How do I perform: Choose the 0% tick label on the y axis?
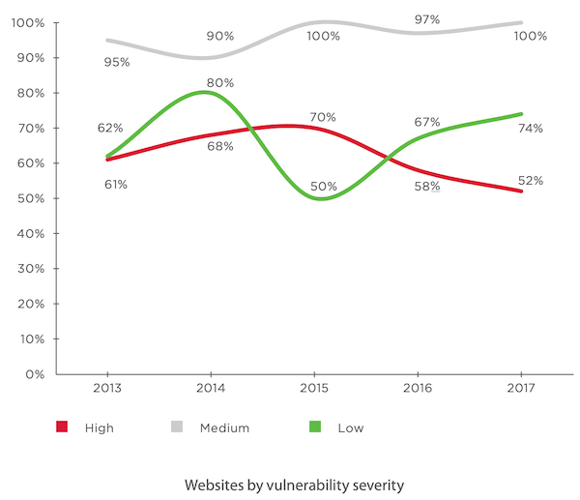click(37, 373)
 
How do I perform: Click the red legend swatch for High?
click(62, 426)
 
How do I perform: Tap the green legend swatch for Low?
click(315, 426)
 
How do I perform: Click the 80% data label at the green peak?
click(220, 82)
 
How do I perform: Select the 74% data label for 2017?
click(530, 128)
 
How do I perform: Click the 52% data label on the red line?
click(530, 180)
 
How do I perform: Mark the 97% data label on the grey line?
click(427, 19)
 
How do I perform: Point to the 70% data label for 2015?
click(323, 117)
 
